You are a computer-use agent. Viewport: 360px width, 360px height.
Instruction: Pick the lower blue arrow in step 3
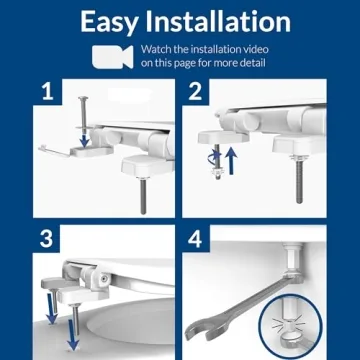[x=73, y=336]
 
